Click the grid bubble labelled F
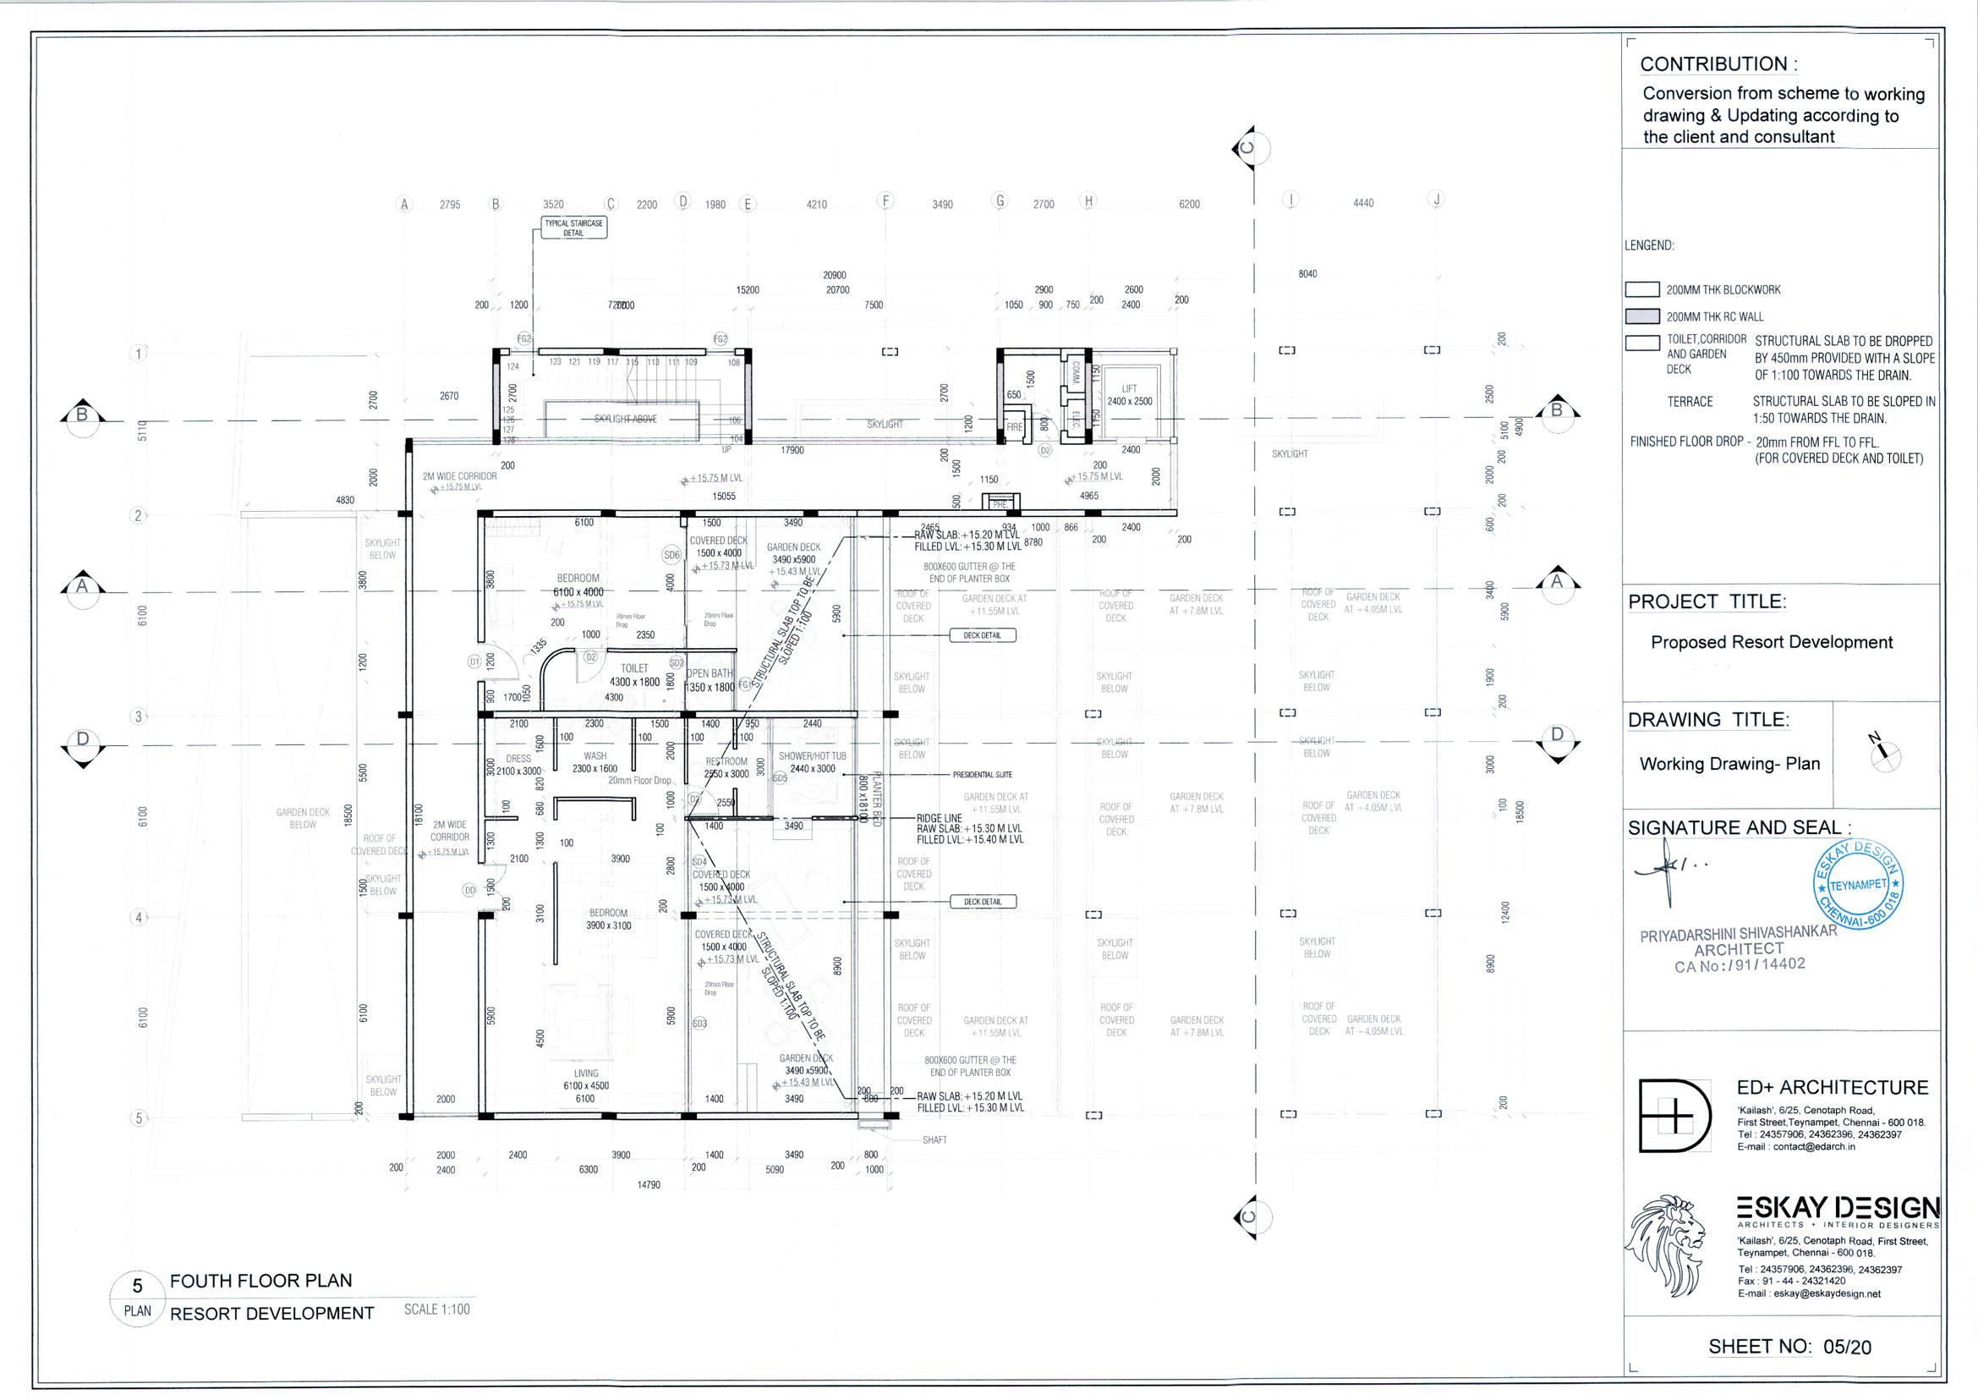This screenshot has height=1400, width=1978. coord(885,201)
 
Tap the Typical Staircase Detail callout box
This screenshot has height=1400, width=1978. coord(574,228)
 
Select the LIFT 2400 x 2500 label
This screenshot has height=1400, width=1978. coord(1129,396)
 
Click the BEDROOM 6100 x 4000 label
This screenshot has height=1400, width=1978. coord(578,585)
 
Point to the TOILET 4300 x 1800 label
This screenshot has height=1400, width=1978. coord(634,675)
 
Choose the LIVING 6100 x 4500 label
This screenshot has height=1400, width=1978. coord(586,1079)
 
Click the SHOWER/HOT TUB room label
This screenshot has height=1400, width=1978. coord(813,762)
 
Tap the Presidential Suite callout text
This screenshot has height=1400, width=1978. coord(982,775)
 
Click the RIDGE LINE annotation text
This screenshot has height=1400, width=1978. coord(939,818)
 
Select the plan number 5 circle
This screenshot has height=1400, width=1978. coord(137,1286)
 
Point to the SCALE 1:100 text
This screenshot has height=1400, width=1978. coord(437,1309)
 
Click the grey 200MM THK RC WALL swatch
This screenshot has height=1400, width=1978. coord(1642,316)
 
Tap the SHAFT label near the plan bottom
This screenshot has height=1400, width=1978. coord(934,1139)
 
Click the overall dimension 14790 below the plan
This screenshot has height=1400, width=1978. coord(648,1185)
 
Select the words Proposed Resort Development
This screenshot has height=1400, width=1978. coord(1771,642)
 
